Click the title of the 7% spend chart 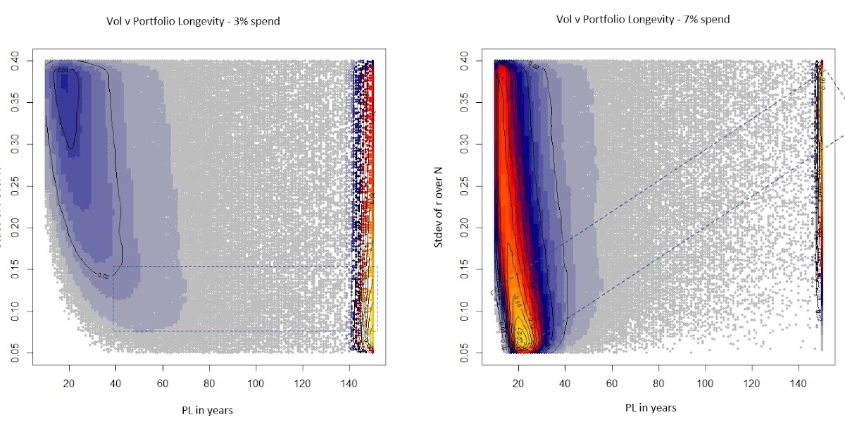tap(643, 20)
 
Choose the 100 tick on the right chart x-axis tap(705, 381)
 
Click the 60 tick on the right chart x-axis tap(612, 381)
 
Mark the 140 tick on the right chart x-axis tap(799, 381)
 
